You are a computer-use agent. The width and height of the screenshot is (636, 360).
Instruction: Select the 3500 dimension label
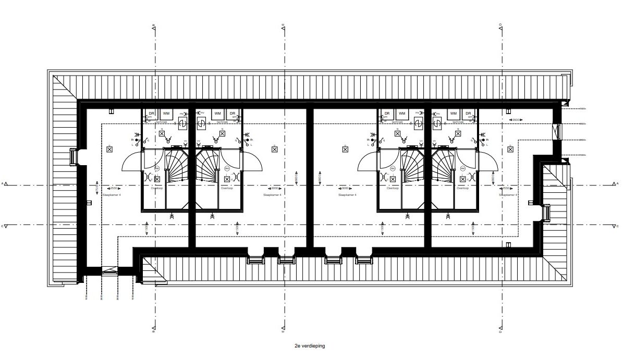[515, 120]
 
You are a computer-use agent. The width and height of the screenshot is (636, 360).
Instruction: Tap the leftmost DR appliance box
[152, 113]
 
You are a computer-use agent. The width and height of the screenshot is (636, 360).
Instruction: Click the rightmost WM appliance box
[454, 113]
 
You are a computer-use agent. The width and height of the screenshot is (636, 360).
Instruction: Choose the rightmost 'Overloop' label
[462, 189]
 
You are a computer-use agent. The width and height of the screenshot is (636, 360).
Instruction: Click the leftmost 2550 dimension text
[113, 189]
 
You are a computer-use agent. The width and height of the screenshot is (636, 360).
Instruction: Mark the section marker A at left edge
[4, 184]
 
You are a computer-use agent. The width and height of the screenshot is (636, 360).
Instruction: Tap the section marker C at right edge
[617, 226]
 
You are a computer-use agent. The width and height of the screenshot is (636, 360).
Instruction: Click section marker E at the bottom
[283, 330]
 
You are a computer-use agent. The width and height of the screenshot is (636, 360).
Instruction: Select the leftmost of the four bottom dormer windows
[255, 259]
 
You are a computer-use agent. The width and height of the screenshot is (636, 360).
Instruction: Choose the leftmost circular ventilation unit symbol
[183, 123]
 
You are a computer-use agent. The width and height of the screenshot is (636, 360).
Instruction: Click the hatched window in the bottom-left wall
[110, 271]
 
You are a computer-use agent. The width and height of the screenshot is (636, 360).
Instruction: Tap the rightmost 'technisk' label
[455, 122]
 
